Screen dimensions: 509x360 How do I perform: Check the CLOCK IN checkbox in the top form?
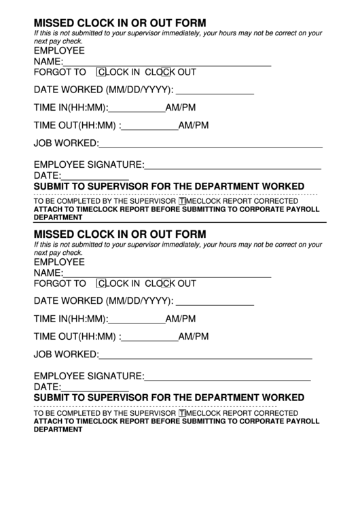point(102,72)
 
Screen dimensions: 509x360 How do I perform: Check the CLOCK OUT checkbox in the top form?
point(165,72)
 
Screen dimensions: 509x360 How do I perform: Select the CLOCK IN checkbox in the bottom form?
point(102,284)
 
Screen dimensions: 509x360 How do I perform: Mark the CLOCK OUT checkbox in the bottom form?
point(165,284)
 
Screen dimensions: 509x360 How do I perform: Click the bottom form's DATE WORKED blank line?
point(215,303)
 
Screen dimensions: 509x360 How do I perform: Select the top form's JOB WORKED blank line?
point(211,145)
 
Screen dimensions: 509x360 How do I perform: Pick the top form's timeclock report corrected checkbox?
point(182,202)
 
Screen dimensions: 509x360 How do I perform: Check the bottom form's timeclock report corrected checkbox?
point(182,413)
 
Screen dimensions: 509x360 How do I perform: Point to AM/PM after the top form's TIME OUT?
point(194,126)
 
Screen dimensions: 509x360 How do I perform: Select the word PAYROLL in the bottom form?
point(302,421)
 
